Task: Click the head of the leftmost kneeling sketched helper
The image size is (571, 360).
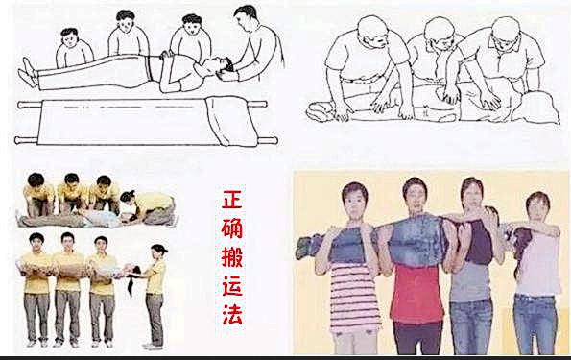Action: click(70, 40)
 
